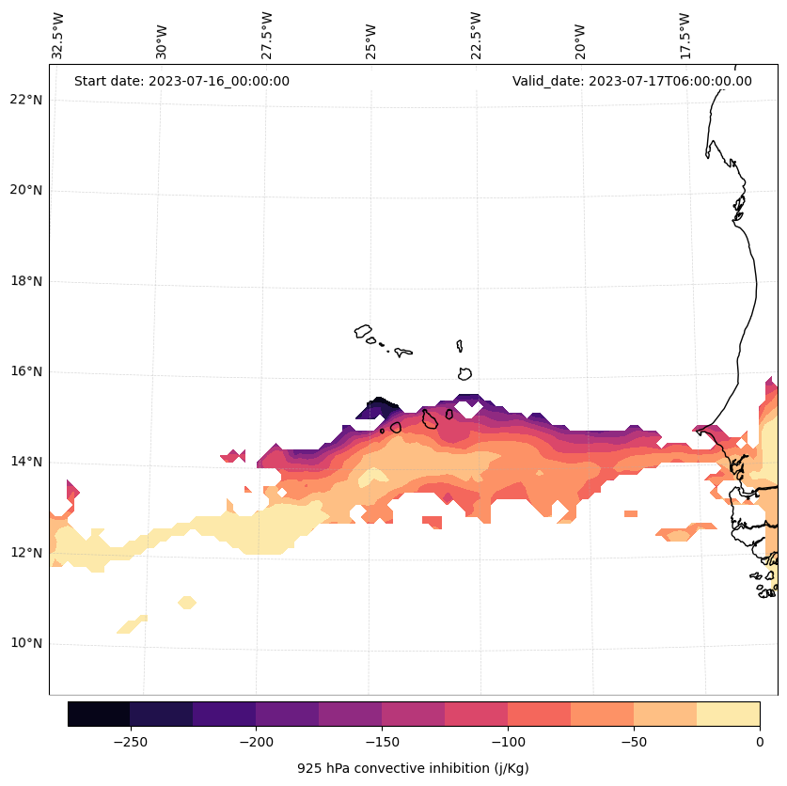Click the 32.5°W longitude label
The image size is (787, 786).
point(58,36)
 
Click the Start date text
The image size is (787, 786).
point(181,81)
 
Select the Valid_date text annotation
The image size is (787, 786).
point(632,81)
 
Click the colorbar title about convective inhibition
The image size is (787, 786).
point(413,768)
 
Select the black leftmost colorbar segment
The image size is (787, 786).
point(99,714)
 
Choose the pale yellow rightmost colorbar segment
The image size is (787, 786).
point(728,714)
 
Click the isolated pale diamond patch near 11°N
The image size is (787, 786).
point(187,602)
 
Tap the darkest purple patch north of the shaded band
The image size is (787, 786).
point(378,407)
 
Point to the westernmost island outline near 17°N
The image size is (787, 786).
point(363,331)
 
